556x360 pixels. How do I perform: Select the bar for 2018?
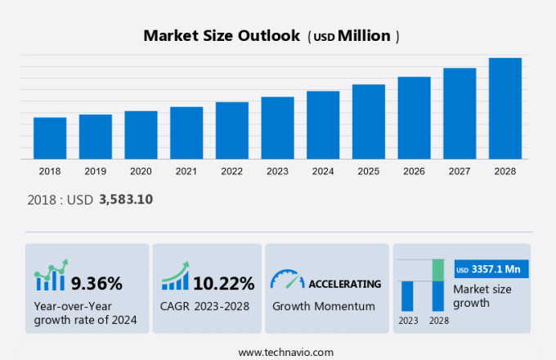click(50, 137)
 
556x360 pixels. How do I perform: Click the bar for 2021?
click(186, 133)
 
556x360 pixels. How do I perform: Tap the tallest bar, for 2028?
click(504, 108)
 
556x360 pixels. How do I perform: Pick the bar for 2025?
click(369, 121)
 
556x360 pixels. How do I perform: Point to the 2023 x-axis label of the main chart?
click(277, 171)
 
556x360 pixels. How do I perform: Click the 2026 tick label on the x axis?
click(414, 171)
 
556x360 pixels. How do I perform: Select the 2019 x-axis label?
click(95, 171)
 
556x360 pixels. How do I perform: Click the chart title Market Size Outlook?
click(222, 36)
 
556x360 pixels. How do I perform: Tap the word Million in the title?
click(364, 36)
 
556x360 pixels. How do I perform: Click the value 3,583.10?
click(126, 199)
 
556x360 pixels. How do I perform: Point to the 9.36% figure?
click(96, 284)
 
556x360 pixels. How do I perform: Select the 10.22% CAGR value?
click(223, 284)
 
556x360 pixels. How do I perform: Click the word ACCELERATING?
click(344, 284)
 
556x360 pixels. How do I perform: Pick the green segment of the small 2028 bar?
click(438, 270)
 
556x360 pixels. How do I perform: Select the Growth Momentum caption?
click(324, 306)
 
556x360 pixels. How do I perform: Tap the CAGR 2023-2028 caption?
click(204, 306)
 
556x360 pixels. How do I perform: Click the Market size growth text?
click(482, 295)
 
